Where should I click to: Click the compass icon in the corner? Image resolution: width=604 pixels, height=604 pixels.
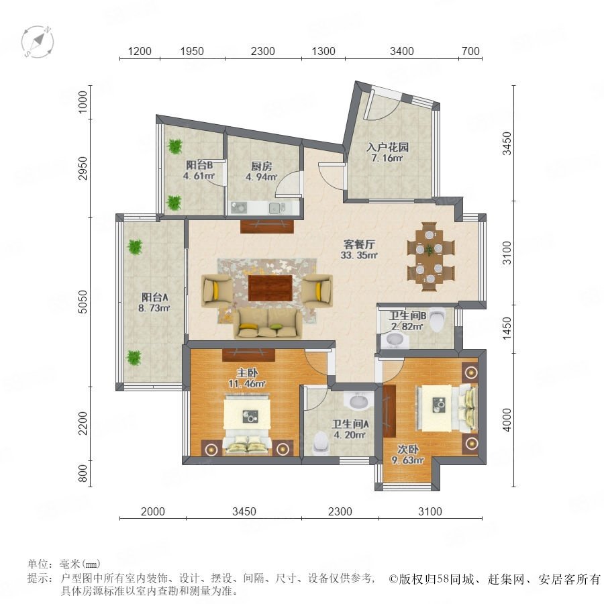[x=38, y=42]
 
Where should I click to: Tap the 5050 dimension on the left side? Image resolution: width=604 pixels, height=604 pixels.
[x=83, y=302]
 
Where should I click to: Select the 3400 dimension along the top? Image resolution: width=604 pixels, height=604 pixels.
[x=402, y=51]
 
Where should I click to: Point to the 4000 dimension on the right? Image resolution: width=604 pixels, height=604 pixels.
[x=507, y=419]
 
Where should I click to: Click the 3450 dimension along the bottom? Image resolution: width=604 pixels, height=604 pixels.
[x=244, y=511]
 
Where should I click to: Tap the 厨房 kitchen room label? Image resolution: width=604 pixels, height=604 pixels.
[x=262, y=166]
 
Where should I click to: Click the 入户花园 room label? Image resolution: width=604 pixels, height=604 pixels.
[x=387, y=147]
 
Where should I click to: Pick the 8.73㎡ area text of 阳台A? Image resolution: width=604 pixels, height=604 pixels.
[x=154, y=308]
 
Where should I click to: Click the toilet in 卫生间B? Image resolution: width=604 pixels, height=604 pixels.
[x=437, y=319]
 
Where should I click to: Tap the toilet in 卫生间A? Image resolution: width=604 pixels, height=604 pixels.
[x=321, y=443]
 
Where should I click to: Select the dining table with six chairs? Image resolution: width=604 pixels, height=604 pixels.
[x=431, y=256]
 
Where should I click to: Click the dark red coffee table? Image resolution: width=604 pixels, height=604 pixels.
[x=270, y=288]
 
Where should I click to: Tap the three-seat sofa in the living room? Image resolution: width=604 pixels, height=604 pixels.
[x=268, y=324]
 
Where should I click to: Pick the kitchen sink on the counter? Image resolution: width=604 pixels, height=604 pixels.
[x=276, y=208]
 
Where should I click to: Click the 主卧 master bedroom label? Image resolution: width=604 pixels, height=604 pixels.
[x=247, y=373]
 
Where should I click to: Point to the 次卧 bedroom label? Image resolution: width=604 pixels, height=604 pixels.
[x=408, y=449]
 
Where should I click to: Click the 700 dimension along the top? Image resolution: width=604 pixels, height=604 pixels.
[x=470, y=51]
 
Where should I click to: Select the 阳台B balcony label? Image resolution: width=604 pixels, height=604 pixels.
[x=199, y=165]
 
